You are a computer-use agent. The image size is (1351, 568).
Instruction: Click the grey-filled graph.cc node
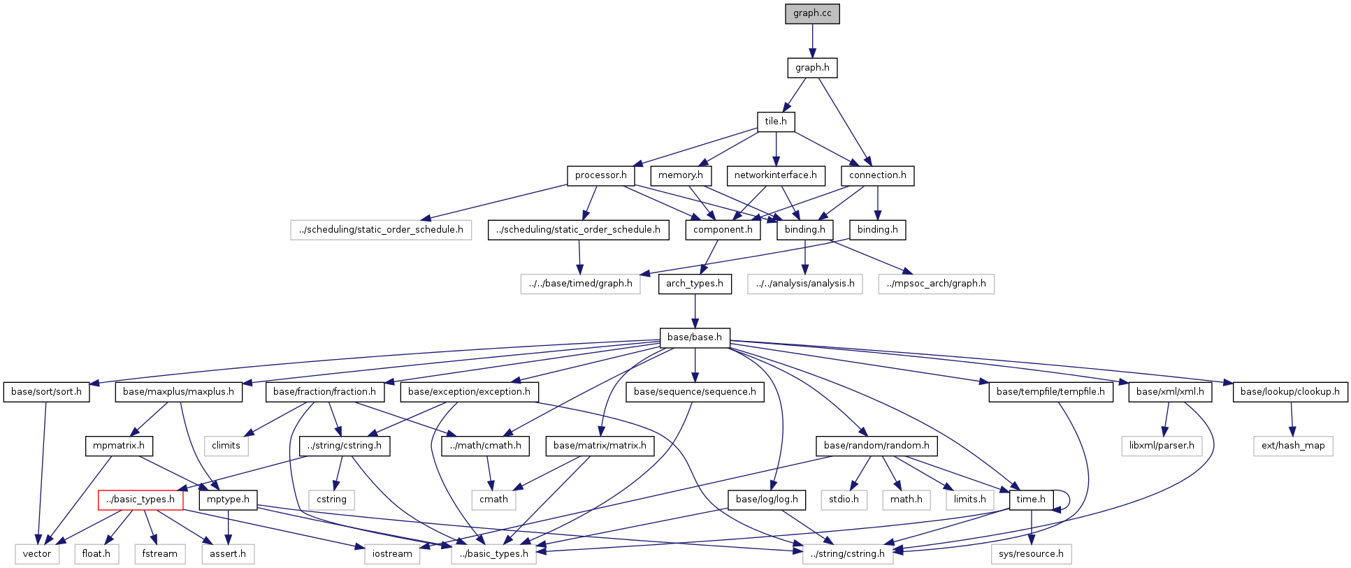[812, 13]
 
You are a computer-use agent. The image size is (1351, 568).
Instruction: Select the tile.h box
[776, 122]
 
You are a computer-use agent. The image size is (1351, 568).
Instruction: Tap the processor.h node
[600, 175]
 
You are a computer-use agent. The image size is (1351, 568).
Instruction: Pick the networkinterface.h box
[775, 175]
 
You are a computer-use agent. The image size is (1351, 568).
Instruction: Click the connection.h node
[877, 175]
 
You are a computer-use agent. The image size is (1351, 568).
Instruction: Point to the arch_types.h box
[694, 284]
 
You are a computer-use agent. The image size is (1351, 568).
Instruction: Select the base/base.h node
[694, 337]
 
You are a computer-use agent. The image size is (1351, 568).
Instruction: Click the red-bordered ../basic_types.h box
[140, 500]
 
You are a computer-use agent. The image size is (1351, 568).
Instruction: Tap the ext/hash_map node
[1293, 446]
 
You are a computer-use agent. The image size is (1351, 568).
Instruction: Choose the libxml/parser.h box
[1161, 446]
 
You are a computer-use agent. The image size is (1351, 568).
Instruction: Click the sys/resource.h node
[1031, 554]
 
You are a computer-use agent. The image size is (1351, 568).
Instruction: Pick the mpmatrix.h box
[119, 446]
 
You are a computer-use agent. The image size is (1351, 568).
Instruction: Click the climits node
[226, 446]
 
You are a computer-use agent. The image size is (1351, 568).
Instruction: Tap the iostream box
[392, 554]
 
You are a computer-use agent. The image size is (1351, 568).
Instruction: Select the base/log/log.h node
[767, 500]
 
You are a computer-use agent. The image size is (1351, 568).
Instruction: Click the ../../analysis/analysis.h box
[804, 284]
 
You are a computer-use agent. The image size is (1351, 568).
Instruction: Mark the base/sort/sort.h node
[46, 392]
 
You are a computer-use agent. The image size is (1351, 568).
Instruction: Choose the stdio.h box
[844, 500]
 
